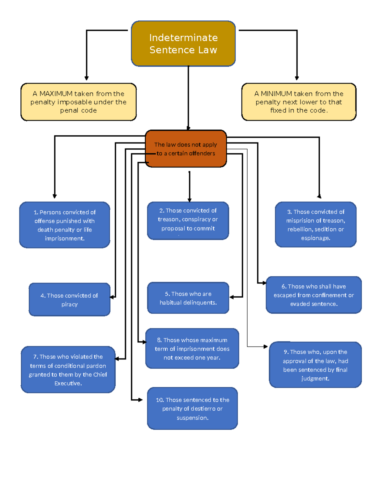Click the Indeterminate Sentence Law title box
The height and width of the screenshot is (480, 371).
pyautogui.click(x=183, y=44)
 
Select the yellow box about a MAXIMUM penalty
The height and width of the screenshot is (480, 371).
pyautogui.click(x=79, y=102)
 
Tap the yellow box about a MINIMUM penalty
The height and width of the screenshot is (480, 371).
pyautogui.click(x=299, y=102)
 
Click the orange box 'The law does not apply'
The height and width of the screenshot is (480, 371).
pyautogui.click(x=186, y=149)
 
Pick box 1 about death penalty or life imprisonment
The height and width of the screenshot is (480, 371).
pyautogui.click(x=65, y=225)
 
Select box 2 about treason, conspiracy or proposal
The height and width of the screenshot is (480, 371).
pyautogui.click(x=188, y=220)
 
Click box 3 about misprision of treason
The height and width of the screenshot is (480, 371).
pyautogui.click(x=316, y=225)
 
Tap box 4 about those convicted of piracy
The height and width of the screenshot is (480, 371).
pyautogui.click(x=69, y=299)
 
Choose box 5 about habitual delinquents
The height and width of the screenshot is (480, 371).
pyautogui.click(x=188, y=298)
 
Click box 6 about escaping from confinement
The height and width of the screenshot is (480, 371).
pyautogui.click(x=313, y=295)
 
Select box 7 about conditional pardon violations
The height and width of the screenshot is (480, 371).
pyautogui.click(x=68, y=370)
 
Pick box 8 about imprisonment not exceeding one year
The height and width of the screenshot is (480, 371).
pyautogui.click(x=192, y=348)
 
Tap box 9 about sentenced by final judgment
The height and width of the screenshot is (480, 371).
pyautogui.click(x=315, y=365)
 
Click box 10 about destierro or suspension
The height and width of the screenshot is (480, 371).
pyautogui.click(x=192, y=408)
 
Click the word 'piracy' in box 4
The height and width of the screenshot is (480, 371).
pyautogui.click(x=69, y=304)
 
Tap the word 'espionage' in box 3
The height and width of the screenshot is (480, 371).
pyautogui.click(x=316, y=238)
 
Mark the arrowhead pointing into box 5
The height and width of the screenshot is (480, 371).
pyautogui.click(x=232, y=297)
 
